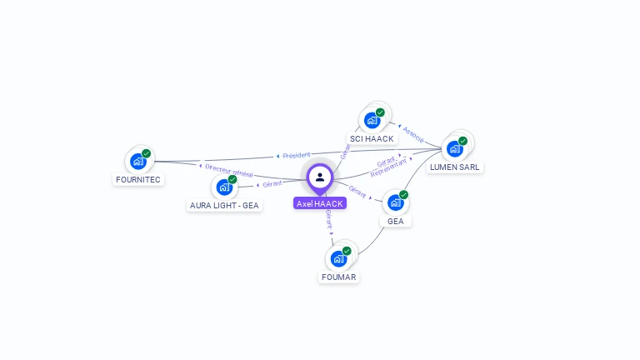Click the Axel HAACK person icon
(320, 177)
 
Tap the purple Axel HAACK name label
(320, 203)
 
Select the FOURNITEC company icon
(138, 161)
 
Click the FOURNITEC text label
(138, 179)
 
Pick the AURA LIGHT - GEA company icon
(223, 187)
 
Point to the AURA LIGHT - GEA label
(224, 205)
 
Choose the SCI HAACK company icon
(372, 120)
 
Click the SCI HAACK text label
(372, 138)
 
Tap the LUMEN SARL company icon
(455, 148)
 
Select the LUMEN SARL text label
(455, 167)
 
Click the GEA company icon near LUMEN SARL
(396, 202)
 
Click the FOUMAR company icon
(339, 258)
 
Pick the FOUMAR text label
(339, 277)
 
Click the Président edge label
(296, 155)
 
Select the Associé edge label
(413, 133)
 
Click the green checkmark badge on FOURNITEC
(147, 153)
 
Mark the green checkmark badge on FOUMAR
(347, 251)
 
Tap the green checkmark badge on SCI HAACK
(380, 112)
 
